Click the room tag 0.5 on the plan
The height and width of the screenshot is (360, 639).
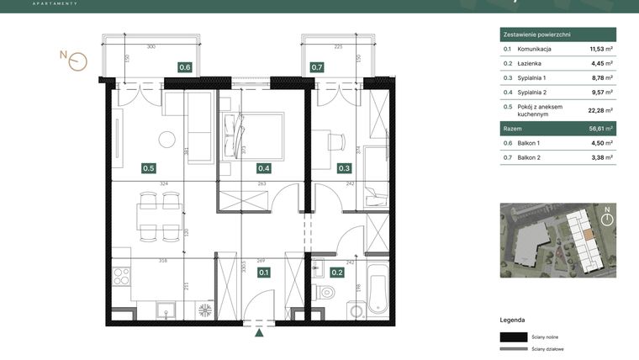point(148,168)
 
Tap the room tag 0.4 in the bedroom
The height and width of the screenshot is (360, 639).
point(264,168)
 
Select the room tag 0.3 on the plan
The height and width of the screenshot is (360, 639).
point(345,168)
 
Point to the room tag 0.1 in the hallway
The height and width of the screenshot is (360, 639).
point(264,272)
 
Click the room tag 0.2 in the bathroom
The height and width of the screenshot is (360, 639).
point(336,272)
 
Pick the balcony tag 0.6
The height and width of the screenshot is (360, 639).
point(184,67)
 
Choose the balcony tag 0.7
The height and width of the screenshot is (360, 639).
point(316,67)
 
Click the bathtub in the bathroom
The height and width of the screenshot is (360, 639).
point(376,290)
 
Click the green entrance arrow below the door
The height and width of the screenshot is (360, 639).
point(260,333)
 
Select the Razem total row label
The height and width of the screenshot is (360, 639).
point(512,129)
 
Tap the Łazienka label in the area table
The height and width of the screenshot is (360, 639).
point(530,63)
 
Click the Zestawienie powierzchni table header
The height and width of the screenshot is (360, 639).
point(536,34)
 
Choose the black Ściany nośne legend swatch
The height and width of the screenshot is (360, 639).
point(513,335)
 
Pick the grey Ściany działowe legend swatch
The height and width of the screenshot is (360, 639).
point(513,348)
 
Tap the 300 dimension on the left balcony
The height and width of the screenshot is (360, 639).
point(151,47)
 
